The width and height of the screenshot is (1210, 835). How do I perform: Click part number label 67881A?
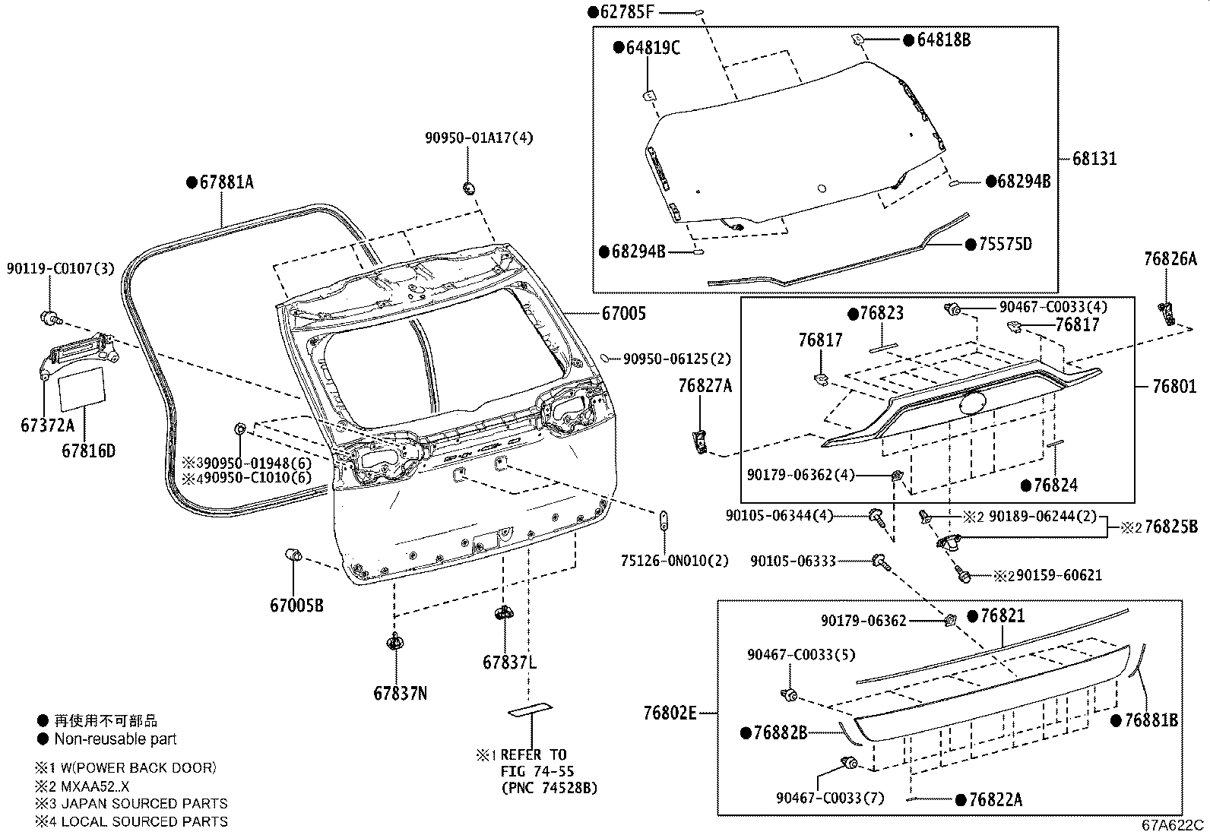(220, 182)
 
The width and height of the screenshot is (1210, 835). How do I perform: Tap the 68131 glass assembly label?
(1094, 159)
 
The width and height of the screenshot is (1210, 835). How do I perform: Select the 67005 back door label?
(624, 313)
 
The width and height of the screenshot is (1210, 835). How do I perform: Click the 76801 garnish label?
(1174, 387)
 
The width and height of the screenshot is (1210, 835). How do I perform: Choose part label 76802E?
(670, 713)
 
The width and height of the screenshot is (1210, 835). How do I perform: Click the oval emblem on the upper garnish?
(974, 402)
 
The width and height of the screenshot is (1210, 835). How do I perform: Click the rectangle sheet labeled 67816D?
(83, 386)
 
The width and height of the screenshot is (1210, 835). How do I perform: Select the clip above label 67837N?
(394, 643)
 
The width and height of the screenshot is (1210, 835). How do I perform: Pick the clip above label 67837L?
(502, 612)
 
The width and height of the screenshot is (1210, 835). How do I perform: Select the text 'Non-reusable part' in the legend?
(115, 739)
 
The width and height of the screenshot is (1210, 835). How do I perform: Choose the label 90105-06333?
(793, 561)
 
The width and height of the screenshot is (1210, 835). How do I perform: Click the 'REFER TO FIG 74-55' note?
(537, 763)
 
